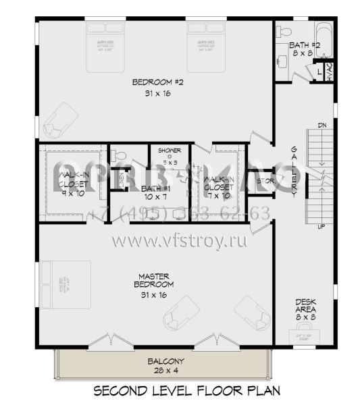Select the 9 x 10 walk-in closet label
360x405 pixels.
coord(71,182)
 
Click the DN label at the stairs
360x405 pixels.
coord(322,126)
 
